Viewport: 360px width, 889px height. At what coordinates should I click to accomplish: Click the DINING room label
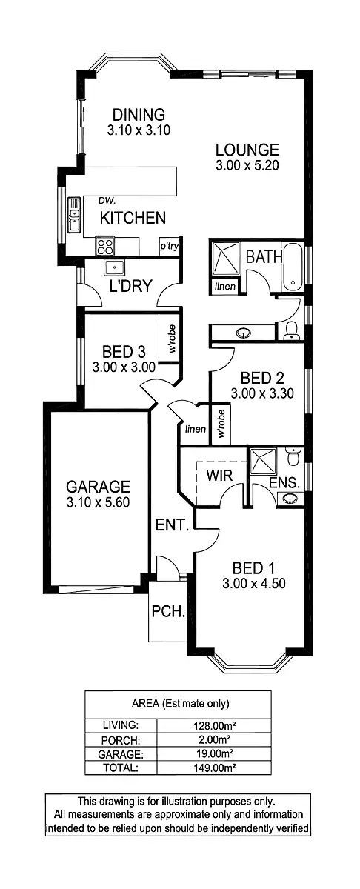click(x=138, y=115)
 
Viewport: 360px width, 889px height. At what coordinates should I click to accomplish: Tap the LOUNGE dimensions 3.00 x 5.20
click(x=247, y=166)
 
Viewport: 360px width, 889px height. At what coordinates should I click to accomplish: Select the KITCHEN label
click(x=133, y=218)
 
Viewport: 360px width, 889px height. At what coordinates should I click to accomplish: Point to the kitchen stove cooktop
click(x=104, y=244)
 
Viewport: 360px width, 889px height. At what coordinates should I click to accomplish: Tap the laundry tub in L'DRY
click(x=115, y=267)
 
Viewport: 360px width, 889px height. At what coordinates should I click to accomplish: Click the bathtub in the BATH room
click(x=293, y=267)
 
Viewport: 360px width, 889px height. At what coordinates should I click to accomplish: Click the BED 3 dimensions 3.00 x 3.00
click(x=123, y=366)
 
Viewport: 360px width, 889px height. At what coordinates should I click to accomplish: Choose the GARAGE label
click(x=98, y=487)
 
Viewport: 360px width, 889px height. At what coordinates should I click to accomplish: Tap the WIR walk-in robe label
click(x=219, y=475)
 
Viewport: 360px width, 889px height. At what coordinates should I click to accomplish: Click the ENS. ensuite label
click(x=284, y=482)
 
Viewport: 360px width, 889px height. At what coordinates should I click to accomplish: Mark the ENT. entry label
click(x=173, y=525)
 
